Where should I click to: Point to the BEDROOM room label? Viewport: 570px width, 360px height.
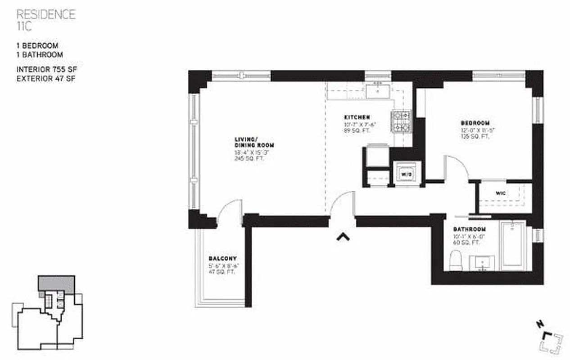pyautogui.click(x=475, y=123)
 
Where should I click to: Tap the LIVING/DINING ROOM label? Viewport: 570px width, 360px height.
pyautogui.click(x=253, y=142)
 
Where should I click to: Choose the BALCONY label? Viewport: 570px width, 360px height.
pyautogui.click(x=222, y=259)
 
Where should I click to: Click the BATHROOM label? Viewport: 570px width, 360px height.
pyautogui.click(x=469, y=229)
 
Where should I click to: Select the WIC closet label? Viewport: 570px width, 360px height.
pyautogui.click(x=501, y=193)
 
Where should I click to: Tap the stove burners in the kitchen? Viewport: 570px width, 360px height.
pyautogui.click(x=400, y=121)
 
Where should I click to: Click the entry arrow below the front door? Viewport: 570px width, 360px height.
pyautogui.click(x=343, y=236)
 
